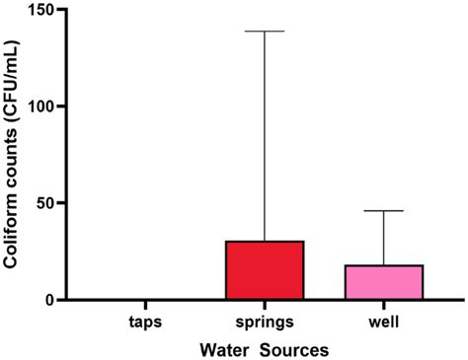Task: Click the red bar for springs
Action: coord(265,269)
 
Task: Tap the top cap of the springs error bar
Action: coord(265,32)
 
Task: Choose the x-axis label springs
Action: coord(265,323)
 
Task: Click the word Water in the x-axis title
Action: coord(224,349)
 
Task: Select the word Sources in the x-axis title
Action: coord(292,349)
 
